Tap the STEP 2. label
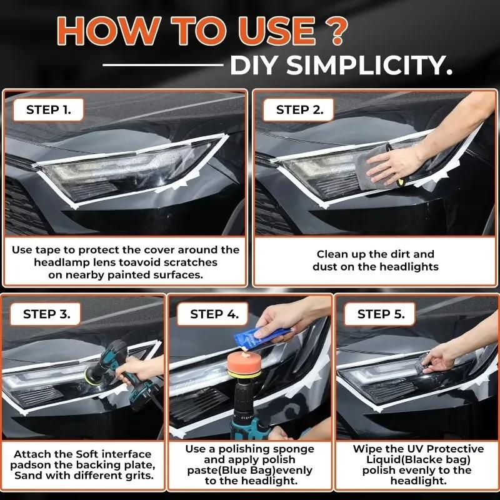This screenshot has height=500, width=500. [300, 111]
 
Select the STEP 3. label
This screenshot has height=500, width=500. [51, 314]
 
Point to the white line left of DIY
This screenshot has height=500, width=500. [162, 64]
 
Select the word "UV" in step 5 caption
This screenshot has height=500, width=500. [415, 449]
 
